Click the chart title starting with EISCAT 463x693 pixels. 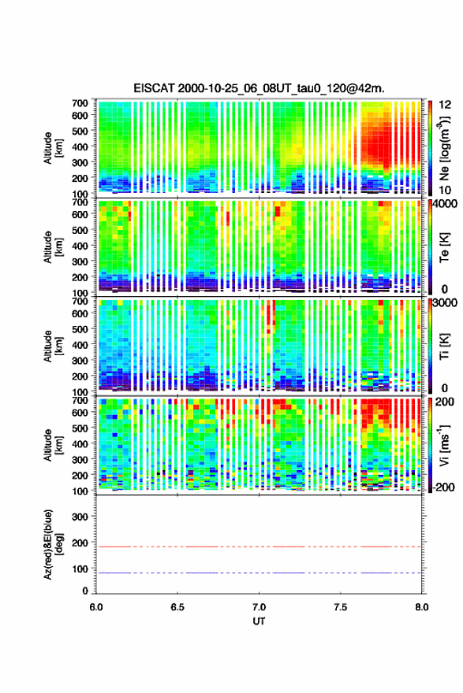[x=259, y=88]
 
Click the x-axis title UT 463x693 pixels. [x=259, y=621]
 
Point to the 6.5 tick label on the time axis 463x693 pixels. [x=177, y=607]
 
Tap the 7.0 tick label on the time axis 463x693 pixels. [x=259, y=607]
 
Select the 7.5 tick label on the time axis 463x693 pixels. [x=341, y=607]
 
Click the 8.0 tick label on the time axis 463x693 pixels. [x=421, y=607]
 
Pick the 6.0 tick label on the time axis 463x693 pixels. [x=96, y=607]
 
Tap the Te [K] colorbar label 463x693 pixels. [x=444, y=247]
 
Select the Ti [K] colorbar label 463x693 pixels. [x=444, y=346]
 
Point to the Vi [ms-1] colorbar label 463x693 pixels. [x=444, y=445]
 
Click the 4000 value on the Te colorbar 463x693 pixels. [x=445, y=204]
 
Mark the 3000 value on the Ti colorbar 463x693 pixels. [x=445, y=302]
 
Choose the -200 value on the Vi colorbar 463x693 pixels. [x=443, y=487]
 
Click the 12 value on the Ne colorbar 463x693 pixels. [x=446, y=105]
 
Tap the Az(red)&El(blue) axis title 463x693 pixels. [x=51, y=544]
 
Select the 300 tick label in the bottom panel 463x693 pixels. [x=80, y=517]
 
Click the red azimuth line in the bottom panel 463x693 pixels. [x=259, y=547]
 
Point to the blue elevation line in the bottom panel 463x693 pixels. [x=259, y=573]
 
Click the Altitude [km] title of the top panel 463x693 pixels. [x=53, y=148]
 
